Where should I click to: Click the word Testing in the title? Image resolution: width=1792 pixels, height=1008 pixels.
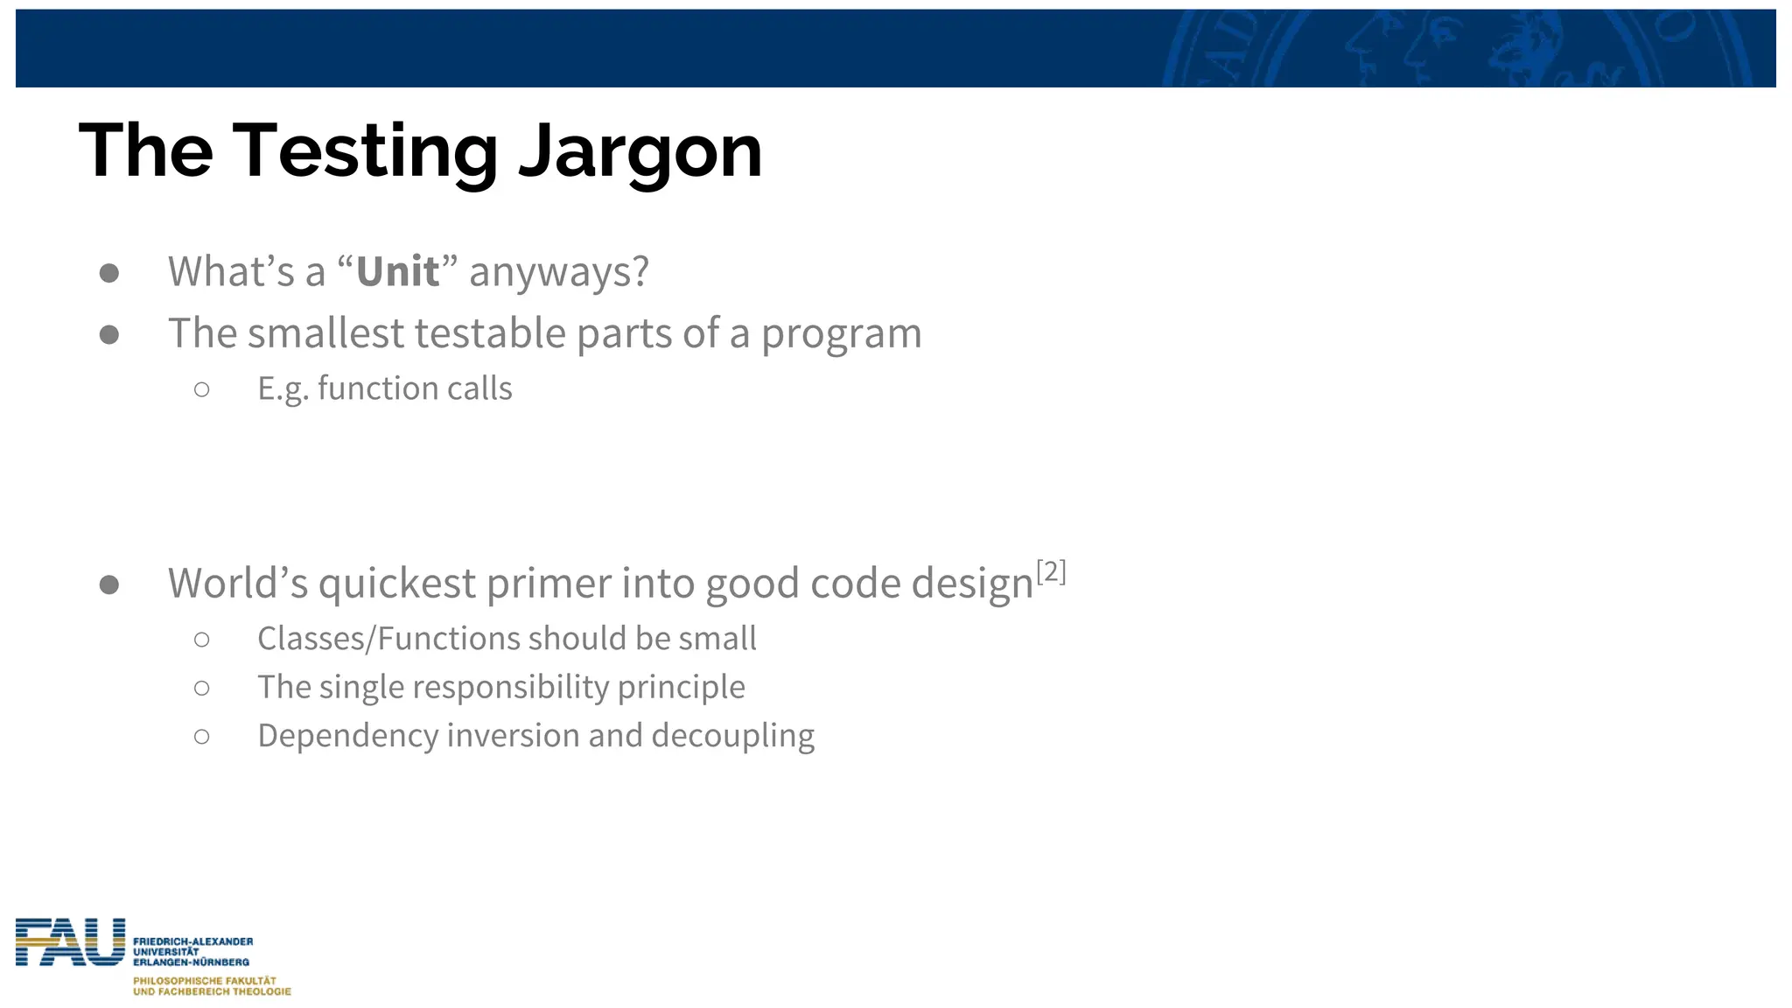coord(365,153)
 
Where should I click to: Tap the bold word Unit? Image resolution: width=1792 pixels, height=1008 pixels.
coord(397,272)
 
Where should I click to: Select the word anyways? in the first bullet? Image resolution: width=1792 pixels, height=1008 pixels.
coord(559,272)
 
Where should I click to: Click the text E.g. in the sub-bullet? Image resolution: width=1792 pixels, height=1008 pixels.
coord(283,388)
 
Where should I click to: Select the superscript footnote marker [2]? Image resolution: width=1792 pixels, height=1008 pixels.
coord(1051,572)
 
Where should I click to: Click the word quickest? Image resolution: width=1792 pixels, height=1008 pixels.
coord(397,584)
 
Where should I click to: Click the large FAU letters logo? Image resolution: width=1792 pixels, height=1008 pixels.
coord(70,942)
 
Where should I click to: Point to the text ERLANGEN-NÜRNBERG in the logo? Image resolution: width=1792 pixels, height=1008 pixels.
coord(191,962)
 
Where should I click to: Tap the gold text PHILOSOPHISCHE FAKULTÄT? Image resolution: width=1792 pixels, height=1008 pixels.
coord(205,981)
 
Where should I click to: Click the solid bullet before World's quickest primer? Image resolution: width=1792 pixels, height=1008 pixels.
coord(109,584)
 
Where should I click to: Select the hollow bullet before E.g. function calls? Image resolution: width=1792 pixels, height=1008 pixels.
coord(202,389)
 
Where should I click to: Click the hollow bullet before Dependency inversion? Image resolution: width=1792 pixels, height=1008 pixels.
coord(202,737)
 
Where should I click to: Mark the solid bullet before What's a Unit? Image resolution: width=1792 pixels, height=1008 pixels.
coord(109,273)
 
